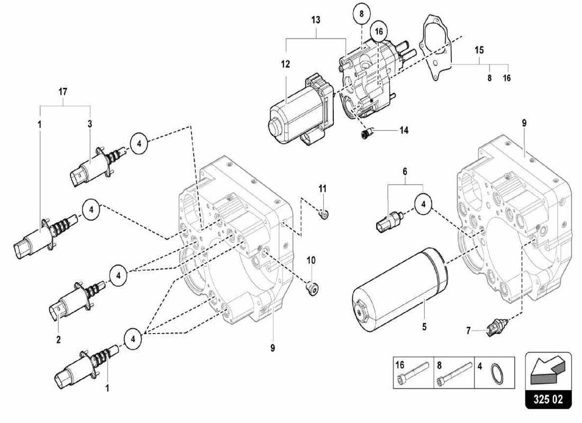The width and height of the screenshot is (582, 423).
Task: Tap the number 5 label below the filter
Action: pos(424,327)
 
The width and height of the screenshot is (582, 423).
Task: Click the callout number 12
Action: pos(286,65)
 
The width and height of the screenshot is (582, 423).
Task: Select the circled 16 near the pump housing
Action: pos(378,32)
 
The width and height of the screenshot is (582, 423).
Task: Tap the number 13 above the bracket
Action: pos(316,20)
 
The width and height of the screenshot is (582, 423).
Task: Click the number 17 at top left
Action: pos(62,91)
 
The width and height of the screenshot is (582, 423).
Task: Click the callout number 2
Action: pos(58,339)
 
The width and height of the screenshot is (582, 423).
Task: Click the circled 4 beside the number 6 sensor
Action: pos(423,204)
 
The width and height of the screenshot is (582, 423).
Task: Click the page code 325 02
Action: pos(548,398)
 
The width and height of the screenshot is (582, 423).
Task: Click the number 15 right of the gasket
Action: pos(479,50)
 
